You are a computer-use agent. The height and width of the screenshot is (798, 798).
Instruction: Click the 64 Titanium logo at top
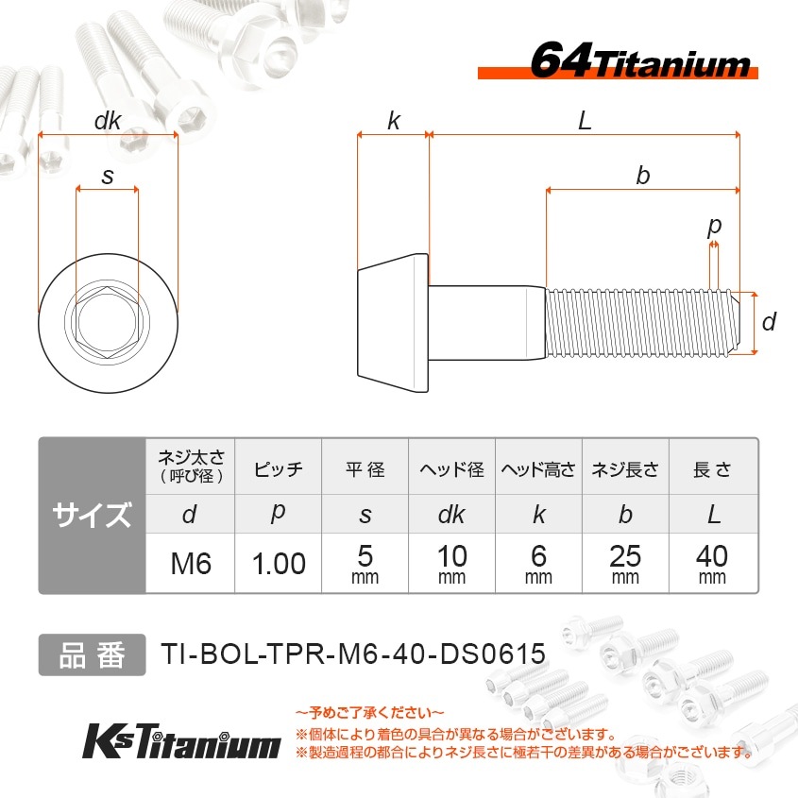[x=639, y=62]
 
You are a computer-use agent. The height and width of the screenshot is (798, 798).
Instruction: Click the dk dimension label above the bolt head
[x=108, y=122]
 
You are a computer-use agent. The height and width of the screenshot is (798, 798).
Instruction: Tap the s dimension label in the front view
[x=107, y=176]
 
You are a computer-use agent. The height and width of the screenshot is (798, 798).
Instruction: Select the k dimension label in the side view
[x=393, y=121]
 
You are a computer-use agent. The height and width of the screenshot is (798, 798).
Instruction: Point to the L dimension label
[x=585, y=121]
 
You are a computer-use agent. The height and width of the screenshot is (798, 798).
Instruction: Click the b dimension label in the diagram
[x=643, y=176]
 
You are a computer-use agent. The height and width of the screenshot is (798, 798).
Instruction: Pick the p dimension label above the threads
[x=714, y=226]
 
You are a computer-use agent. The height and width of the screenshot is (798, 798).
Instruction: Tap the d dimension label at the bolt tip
[x=769, y=323]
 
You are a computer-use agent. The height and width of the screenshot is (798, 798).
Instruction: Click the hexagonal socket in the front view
[x=107, y=323]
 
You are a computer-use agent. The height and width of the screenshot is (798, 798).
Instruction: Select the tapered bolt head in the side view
[x=393, y=323]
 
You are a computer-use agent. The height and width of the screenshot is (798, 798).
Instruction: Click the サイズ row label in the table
[x=92, y=516]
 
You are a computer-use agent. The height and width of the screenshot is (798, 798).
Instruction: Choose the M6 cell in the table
[x=190, y=564]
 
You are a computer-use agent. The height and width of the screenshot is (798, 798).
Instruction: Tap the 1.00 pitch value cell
[x=278, y=564]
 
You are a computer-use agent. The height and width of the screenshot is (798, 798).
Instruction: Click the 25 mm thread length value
[x=625, y=564]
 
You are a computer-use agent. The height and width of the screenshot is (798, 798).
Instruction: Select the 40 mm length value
[x=713, y=564]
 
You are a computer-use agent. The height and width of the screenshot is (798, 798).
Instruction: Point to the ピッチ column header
[x=278, y=469]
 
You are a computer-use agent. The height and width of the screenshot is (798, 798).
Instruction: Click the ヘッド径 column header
[x=451, y=469]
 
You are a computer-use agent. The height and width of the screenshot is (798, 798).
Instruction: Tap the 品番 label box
[x=92, y=654]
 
